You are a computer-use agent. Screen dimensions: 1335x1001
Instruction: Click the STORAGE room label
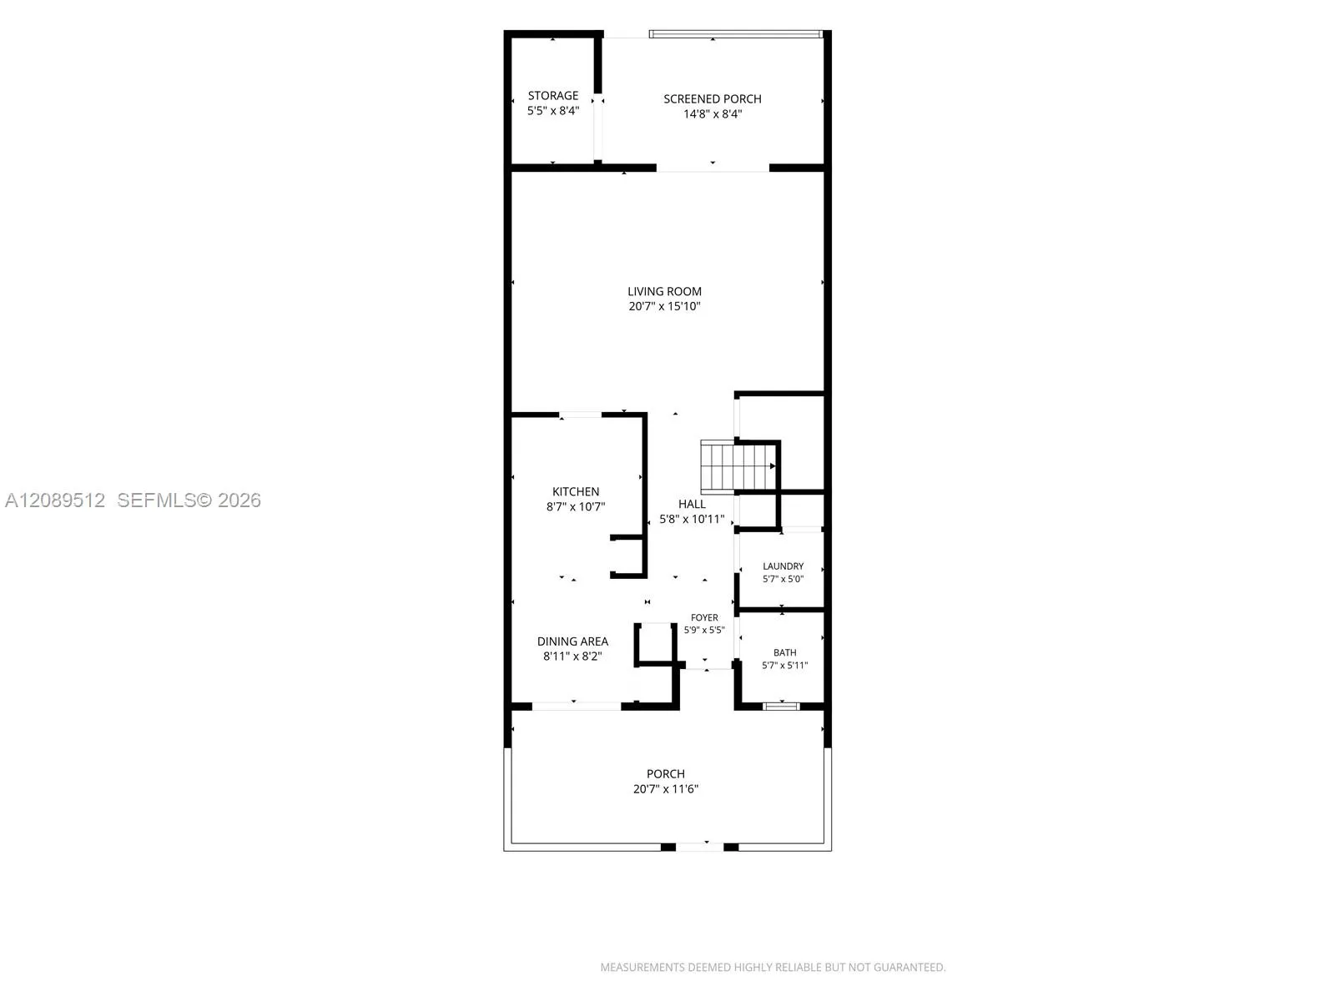point(553,95)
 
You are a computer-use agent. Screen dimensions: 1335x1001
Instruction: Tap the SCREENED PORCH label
point(713,98)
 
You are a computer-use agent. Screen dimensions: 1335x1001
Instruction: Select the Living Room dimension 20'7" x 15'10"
point(664,306)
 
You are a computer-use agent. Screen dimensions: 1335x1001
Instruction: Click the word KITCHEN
point(576,491)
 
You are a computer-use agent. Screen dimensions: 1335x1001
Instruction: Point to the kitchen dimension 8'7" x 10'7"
point(576,507)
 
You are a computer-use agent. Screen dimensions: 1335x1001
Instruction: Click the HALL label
point(692,504)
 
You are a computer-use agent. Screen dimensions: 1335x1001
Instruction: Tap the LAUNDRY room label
point(783,566)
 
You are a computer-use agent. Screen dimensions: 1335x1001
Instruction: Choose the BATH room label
point(784,652)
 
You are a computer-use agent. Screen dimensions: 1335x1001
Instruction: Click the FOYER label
point(704,617)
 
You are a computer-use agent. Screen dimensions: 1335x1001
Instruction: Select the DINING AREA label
point(572,641)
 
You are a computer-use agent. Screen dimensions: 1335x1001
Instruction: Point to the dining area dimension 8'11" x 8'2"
point(572,656)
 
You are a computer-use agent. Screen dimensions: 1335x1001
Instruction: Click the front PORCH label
point(665,774)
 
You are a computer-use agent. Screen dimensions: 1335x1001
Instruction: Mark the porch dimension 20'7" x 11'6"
point(665,789)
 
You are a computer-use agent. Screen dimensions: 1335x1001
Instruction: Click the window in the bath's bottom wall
point(782,706)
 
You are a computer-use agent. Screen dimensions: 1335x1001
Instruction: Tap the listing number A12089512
point(55,500)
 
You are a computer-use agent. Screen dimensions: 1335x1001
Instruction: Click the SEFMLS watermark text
point(189,500)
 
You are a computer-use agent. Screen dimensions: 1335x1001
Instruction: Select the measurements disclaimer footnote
point(773,967)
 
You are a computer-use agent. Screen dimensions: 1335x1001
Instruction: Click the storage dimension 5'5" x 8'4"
point(553,111)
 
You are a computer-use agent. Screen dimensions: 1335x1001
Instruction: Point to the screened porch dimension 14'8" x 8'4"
point(713,113)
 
